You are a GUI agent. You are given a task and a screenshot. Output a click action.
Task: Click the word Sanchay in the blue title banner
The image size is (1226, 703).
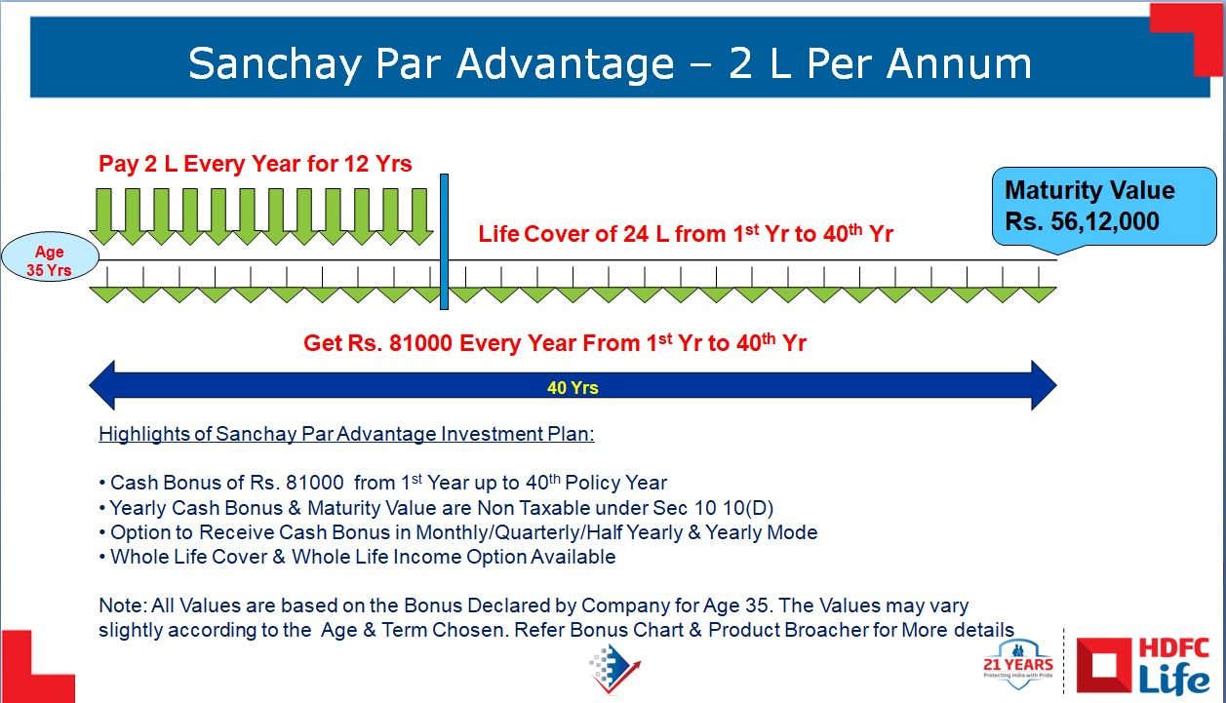coord(275,64)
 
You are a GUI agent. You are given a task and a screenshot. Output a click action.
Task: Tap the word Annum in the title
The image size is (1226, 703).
coord(959,63)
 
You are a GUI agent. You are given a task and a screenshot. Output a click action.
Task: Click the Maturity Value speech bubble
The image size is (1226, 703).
coord(1104,208)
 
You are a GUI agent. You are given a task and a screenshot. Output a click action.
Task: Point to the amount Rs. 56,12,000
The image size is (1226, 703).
coord(1082,221)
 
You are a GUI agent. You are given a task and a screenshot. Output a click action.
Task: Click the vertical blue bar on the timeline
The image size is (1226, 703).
coord(444,242)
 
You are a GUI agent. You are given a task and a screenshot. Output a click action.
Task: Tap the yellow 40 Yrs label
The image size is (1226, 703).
coord(573,388)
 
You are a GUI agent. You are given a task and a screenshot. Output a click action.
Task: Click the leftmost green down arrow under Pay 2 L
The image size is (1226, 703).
coord(103,216)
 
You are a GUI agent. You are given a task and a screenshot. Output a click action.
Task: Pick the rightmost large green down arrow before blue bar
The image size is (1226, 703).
coord(419,216)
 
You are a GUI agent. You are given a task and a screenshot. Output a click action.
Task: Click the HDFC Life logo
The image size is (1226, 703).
coord(1143,665)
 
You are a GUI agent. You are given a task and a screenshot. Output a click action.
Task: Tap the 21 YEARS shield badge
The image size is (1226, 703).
coord(1018,663)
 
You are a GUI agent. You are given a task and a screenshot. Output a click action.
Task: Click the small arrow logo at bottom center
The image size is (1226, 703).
coord(614,669)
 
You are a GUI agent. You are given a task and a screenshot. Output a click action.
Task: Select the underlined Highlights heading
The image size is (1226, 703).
coord(346,434)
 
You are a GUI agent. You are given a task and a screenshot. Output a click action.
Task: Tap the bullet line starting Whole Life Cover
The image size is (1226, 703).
coord(357,557)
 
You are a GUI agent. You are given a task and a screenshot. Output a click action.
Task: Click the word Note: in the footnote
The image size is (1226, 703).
coord(122,605)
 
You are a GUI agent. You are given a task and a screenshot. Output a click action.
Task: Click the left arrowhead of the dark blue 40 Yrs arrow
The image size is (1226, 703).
coord(102,385)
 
